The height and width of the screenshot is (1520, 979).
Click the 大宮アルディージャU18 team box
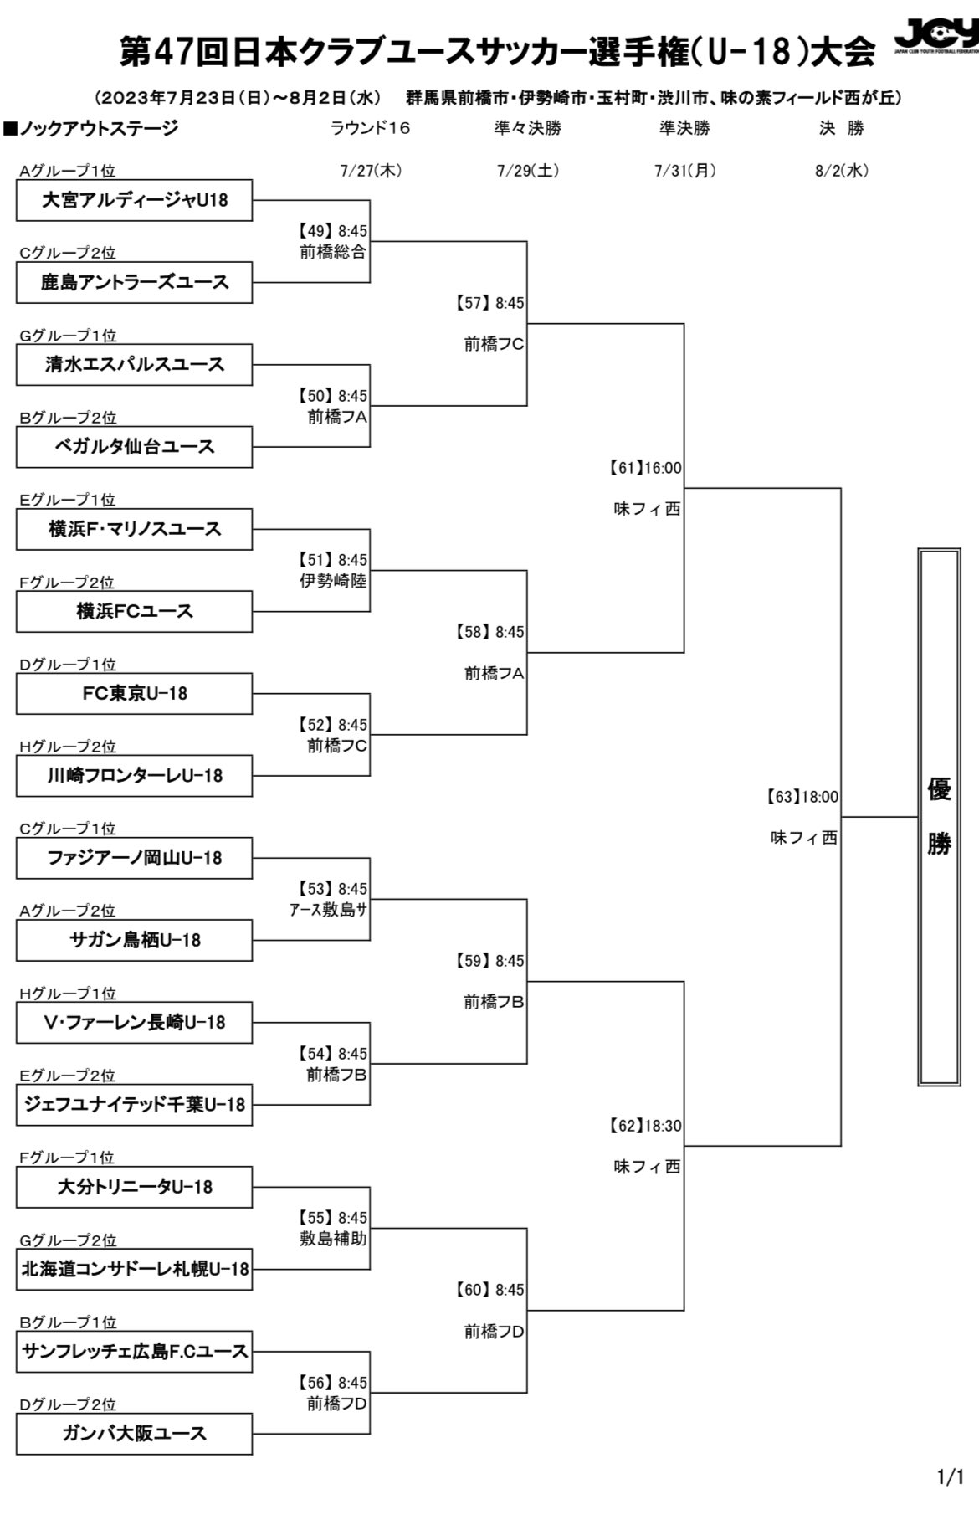(x=134, y=200)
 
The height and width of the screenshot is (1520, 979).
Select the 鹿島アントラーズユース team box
(x=134, y=282)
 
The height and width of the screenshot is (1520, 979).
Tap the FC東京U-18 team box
(x=134, y=694)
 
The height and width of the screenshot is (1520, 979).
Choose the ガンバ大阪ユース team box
(x=134, y=1434)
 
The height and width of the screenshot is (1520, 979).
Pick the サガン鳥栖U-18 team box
(x=134, y=940)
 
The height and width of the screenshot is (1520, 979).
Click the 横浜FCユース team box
(x=134, y=611)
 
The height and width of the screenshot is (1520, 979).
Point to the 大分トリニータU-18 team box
(x=134, y=1187)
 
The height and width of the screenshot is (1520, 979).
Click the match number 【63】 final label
(x=783, y=797)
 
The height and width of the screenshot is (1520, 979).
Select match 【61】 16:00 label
(x=645, y=468)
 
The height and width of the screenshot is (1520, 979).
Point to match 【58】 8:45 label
(x=490, y=632)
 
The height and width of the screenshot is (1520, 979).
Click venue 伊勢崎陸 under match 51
(x=333, y=581)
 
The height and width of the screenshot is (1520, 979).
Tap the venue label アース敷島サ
(x=328, y=910)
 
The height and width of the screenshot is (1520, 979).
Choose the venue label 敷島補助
(x=333, y=1239)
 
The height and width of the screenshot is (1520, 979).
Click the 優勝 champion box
(x=938, y=816)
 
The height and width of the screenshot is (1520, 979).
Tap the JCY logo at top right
(x=935, y=37)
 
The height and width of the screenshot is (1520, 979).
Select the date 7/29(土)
(x=527, y=171)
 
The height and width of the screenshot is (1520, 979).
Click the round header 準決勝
(x=684, y=128)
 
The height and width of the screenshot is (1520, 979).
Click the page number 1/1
(x=951, y=1501)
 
